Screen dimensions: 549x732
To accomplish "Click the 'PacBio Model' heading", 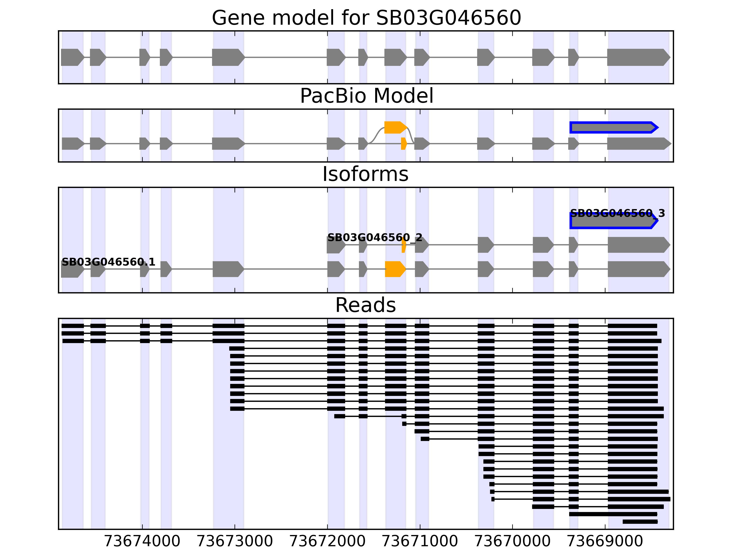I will (366, 96).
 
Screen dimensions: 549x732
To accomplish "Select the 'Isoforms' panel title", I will (365, 174).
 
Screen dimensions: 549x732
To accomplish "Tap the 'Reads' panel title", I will (365, 305).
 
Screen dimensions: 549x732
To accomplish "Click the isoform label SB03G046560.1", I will (108, 262).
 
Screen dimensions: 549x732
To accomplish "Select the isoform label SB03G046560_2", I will (375, 238).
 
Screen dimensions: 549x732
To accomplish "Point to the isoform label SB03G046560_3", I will (617, 213).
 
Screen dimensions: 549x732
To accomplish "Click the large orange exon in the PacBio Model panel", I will (394, 127).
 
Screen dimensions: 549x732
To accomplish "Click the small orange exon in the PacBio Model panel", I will (403, 144).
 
